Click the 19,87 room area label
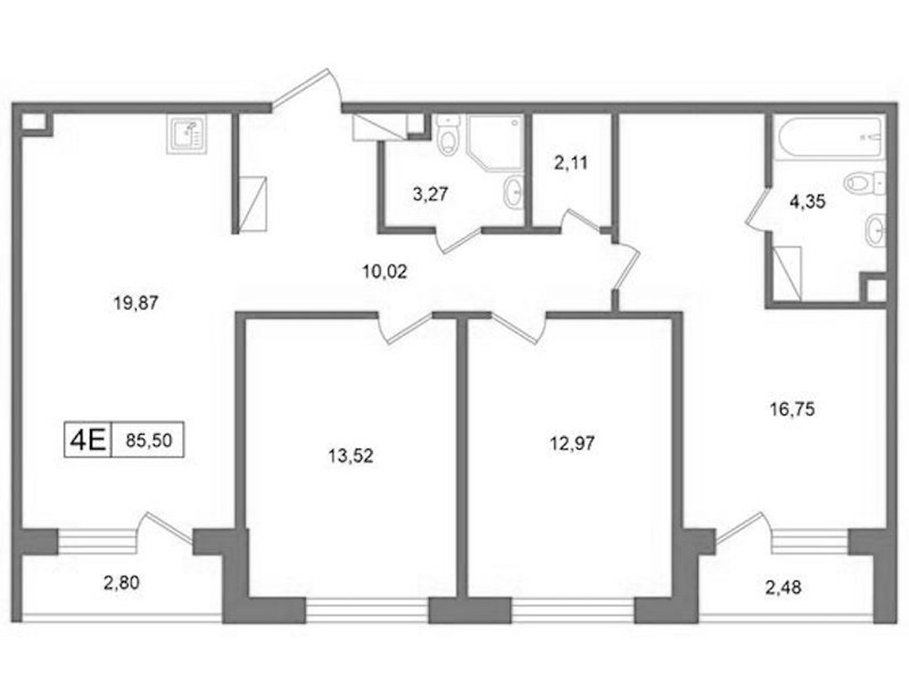pos(136,302)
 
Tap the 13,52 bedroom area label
pos(351,456)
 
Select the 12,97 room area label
pos(572,444)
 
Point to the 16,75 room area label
pos(792,409)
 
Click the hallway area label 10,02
pos(385,271)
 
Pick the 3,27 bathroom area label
pos(430,194)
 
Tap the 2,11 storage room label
pos(571,163)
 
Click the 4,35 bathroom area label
pos(807,202)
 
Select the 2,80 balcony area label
pos(121,583)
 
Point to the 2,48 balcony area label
pos(784,587)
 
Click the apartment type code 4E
pos(88,440)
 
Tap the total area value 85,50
pos(149,440)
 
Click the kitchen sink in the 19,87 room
pos(187,134)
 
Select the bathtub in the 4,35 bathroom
pos(830,137)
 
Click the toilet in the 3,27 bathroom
pos(448,134)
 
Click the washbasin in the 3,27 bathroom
pos(513,191)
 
